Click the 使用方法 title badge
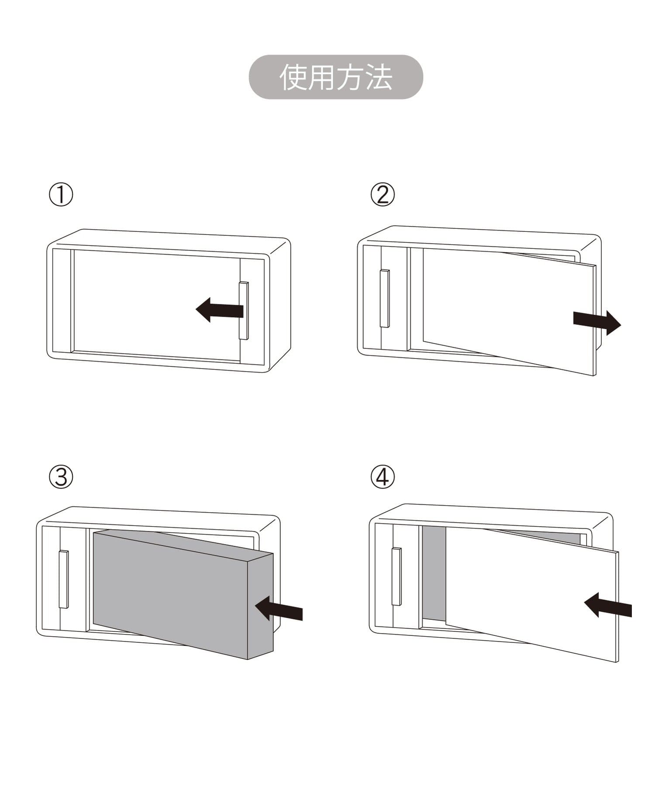(336, 77)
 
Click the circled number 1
(61, 195)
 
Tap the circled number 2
(383, 195)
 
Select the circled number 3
(61, 477)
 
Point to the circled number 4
(383, 477)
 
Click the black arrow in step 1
(219, 310)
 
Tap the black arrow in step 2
(597, 323)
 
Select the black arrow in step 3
(279, 608)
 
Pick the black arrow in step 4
(608, 604)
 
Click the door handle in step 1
(244, 310)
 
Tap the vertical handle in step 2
(385, 298)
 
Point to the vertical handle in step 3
(64, 579)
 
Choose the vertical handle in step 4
(396, 576)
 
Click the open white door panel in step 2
(509, 312)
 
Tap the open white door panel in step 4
(532, 594)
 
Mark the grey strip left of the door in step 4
(434, 573)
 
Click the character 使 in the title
(293, 77)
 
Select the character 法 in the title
(379, 77)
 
